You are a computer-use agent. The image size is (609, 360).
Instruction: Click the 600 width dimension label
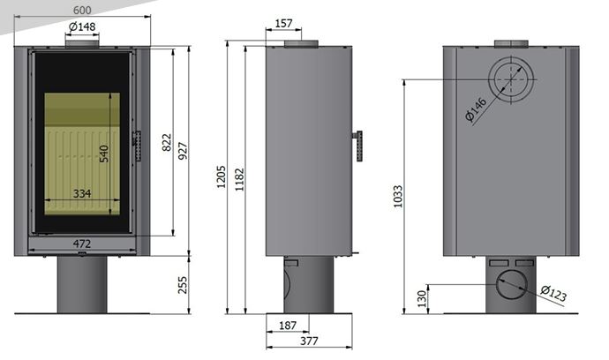82,10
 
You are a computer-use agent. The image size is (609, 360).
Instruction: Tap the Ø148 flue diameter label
82,26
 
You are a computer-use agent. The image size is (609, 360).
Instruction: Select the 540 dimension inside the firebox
104,154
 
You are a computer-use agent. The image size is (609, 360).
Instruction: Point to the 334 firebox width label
82,193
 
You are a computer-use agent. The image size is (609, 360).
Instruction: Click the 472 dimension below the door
82,244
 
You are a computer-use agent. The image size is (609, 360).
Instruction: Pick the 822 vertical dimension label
167,143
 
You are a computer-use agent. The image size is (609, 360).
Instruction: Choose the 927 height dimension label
183,151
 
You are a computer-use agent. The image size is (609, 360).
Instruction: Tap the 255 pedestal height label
183,285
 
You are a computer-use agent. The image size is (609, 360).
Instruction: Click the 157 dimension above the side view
283,24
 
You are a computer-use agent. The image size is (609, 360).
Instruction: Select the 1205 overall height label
221,177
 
